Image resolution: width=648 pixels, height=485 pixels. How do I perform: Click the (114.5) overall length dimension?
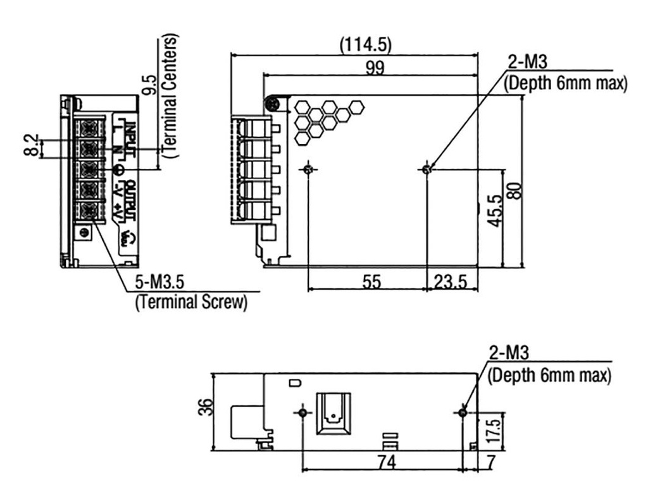click(366, 45)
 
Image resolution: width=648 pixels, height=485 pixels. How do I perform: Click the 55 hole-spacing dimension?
click(371, 282)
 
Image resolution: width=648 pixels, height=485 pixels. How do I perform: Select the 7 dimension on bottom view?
click(490, 463)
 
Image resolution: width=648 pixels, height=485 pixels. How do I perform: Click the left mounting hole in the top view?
click(308, 169)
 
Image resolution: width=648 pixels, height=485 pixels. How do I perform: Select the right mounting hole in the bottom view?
click(463, 412)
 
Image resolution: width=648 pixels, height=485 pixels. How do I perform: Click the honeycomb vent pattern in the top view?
click(326, 118)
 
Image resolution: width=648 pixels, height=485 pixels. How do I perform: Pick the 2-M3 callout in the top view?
click(527, 61)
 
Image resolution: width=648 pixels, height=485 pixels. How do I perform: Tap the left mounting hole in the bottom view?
click(303, 412)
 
